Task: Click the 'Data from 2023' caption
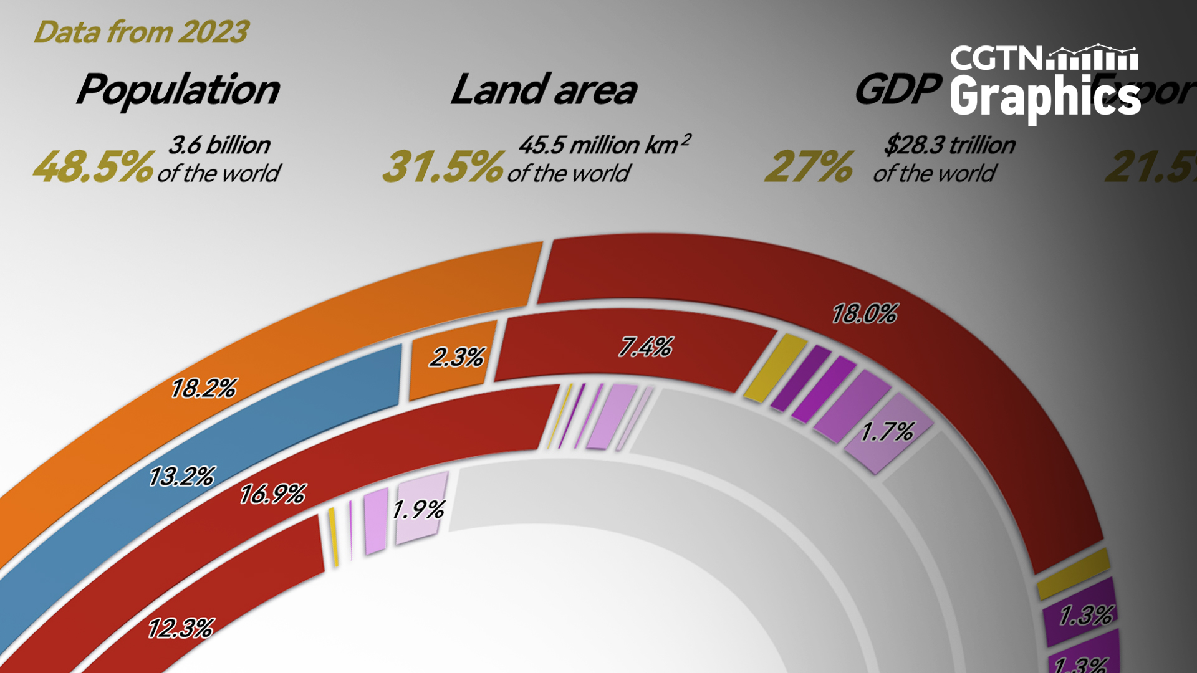click(141, 32)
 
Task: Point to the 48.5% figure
click(92, 167)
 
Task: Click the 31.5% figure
click(442, 167)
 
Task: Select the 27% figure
click(809, 167)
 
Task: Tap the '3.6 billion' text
click(219, 145)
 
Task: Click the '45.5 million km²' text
click(603, 145)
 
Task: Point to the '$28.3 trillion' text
click(949, 145)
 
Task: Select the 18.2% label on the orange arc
click(203, 389)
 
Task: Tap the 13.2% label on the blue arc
click(181, 477)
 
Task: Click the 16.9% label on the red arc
click(272, 495)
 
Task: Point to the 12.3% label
click(180, 628)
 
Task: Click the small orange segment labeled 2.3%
click(456, 358)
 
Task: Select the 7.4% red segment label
click(645, 347)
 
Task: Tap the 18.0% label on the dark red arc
click(864, 314)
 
